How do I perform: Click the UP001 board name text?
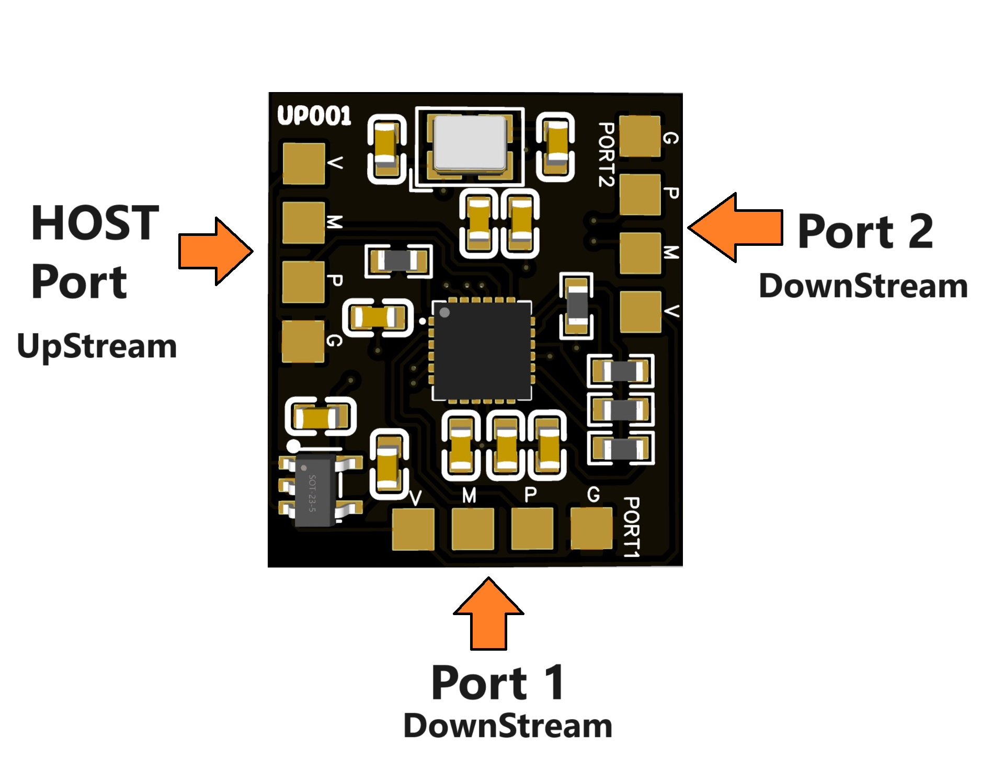click(x=314, y=116)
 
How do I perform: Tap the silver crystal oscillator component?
click(x=470, y=143)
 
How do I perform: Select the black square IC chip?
click(x=482, y=350)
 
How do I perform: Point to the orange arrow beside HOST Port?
click(x=215, y=252)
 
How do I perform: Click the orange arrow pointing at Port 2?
click(x=735, y=227)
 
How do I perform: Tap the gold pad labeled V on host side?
click(x=303, y=163)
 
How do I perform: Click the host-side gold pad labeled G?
click(x=303, y=341)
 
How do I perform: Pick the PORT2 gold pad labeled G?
click(x=640, y=136)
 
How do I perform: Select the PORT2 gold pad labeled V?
click(x=640, y=311)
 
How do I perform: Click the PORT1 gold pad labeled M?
click(x=473, y=528)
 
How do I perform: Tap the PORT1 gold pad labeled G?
click(x=591, y=528)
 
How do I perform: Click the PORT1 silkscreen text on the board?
click(x=632, y=527)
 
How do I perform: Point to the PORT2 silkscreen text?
click(x=606, y=154)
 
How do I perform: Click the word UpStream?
click(x=97, y=346)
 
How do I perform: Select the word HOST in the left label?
click(x=95, y=223)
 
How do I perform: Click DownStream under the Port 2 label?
click(x=863, y=286)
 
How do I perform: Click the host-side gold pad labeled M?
click(x=303, y=223)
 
